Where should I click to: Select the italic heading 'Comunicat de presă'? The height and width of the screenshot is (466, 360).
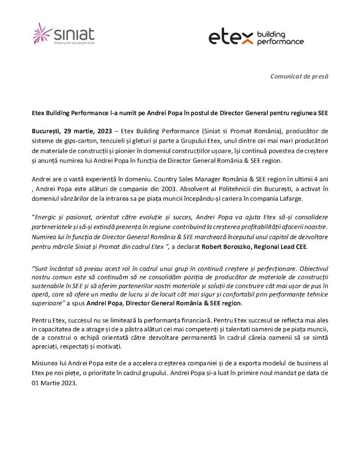pos(299,76)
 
